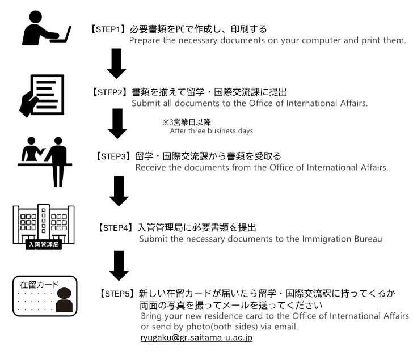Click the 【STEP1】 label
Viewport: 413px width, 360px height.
click(108, 29)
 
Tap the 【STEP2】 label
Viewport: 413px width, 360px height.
click(110, 92)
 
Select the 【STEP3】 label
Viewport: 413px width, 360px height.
click(113, 156)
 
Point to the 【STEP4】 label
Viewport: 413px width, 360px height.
click(116, 228)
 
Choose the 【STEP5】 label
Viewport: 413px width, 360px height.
click(117, 293)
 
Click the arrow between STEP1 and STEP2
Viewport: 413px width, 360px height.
click(116, 63)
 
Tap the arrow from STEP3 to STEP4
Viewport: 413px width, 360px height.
click(119, 191)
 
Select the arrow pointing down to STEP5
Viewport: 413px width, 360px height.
click(119, 265)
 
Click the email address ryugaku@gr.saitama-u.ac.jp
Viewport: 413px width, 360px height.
click(196, 338)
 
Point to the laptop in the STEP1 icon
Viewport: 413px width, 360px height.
click(61, 35)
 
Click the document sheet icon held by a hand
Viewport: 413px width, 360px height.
click(48, 95)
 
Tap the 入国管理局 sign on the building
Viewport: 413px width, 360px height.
click(44, 244)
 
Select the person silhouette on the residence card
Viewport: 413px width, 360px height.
click(64, 299)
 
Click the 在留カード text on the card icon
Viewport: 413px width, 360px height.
click(40, 285)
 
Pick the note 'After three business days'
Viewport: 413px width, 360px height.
click(212, 131)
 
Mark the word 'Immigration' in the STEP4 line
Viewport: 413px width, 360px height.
click(327, 239)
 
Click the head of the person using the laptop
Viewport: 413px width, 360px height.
click(36, 17)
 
